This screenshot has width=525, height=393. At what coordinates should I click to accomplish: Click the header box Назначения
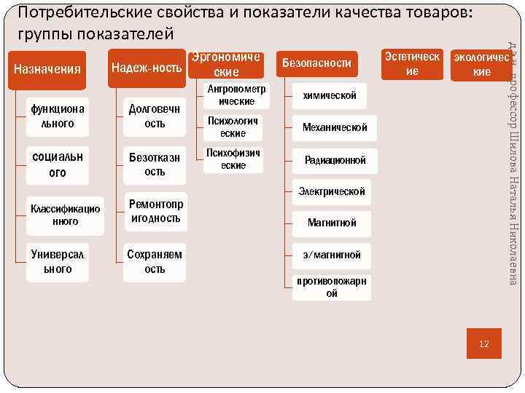(47, 68)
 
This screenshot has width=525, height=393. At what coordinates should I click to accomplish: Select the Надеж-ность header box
(147, 68)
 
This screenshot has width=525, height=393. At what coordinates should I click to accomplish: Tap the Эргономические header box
(226, 65)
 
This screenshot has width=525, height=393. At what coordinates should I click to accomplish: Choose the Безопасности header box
(316, 63)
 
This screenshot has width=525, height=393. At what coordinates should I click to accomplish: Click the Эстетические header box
(412, 64)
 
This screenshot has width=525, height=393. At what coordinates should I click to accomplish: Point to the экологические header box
(481, 64)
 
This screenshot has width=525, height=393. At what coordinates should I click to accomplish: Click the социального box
(58, 165)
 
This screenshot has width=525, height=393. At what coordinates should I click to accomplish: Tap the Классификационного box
(65, 215)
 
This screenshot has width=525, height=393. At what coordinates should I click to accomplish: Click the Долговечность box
(155, 116)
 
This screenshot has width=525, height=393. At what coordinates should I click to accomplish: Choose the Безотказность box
(155, 165)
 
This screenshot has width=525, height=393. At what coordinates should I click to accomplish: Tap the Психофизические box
(232, 159)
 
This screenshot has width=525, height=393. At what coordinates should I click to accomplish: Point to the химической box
(329, 95)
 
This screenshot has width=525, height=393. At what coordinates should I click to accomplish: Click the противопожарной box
(332, 287)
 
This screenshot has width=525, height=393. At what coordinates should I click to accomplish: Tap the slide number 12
(483, 344)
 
